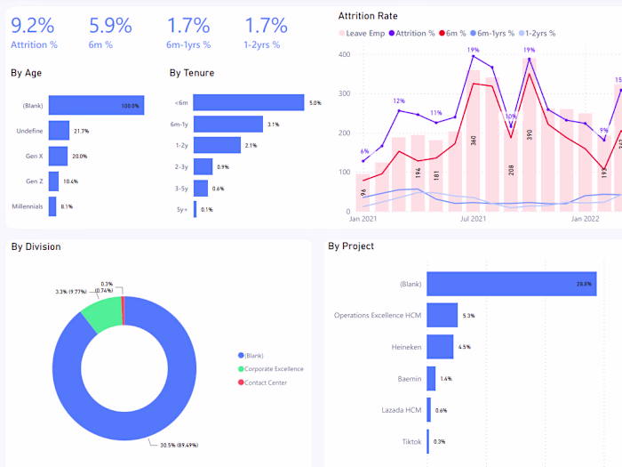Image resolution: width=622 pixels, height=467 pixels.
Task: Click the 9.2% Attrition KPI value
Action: point(33,25)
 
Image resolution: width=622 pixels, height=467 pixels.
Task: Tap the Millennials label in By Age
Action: point(28,206)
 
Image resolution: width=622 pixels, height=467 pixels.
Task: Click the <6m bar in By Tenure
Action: point(248,103)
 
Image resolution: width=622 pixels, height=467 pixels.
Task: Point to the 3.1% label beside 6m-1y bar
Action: point(273,125)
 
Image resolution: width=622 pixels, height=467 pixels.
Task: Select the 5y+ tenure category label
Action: point(181,210)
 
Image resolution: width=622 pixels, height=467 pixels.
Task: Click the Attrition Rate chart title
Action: point(368,16)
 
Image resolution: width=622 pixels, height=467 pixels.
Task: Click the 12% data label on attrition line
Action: point(399,101)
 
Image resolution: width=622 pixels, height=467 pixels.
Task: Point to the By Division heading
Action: point(36,246)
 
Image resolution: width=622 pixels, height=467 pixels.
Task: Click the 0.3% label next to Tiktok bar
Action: point(439,441)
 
